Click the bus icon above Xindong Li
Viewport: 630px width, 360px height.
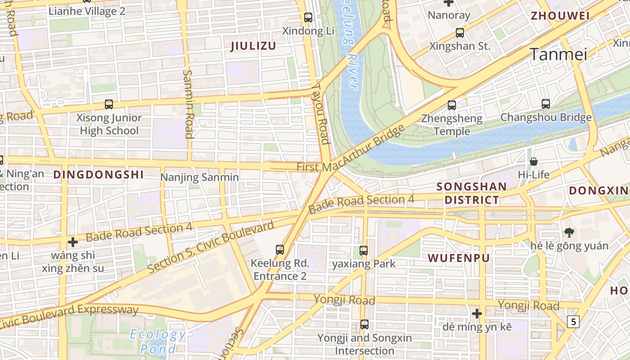point(308,18)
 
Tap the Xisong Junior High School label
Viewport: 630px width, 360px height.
point(109,124)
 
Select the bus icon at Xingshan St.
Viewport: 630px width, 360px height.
point(459,33)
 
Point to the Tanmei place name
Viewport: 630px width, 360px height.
point(559,54)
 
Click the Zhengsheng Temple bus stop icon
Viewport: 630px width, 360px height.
point(452,105)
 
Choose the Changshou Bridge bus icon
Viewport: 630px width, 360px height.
point(546,104)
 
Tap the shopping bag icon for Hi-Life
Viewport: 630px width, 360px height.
point(534,161)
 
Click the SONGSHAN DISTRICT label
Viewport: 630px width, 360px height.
point(472,193)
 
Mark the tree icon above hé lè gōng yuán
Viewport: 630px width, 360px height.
point(569,232)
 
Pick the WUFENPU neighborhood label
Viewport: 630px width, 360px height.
point(459,258)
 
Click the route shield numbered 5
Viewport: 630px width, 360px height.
point(572,321)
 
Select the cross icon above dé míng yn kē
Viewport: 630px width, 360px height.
point(477,313)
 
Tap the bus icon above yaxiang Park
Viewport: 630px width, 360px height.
point(364,251)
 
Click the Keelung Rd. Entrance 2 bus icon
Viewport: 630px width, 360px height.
point(280,249)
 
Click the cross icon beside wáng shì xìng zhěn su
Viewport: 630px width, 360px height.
point(72,242)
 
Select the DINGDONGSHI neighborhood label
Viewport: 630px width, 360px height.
point(99,175)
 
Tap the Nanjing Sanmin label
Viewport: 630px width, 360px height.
point(200,177)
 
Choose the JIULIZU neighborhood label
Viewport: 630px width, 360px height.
point(253,46)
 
